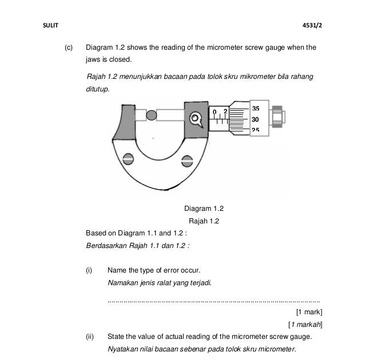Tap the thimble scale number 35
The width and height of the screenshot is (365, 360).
pos(255,109)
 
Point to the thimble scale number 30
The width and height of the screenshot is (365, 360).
pos(255,119)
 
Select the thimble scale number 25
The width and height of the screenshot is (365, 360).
pos(255,130)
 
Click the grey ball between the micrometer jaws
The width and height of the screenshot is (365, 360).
pos(151,116)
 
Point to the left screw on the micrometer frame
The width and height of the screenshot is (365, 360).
pos(129,158)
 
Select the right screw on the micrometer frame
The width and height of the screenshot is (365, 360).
pos(185,161)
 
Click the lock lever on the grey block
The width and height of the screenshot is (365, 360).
pos(196,119)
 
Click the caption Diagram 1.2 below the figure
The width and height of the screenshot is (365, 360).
pos(204,209)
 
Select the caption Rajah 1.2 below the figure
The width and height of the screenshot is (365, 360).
pos(204,221)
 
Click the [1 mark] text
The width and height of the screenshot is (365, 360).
pos(309,312)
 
